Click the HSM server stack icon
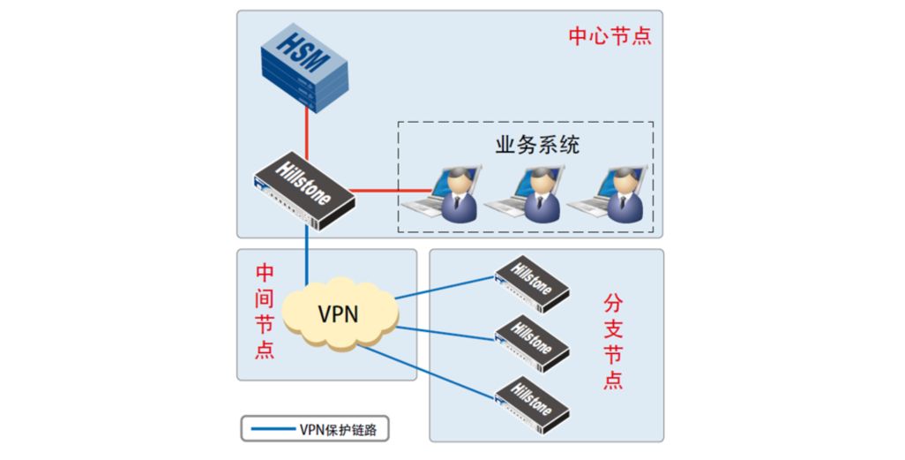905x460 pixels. pos(304,67)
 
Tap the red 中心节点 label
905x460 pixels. pos(610,36)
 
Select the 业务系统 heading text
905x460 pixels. pos(537,145)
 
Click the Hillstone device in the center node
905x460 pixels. pos(304,190)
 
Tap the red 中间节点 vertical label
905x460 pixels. pos(265,312)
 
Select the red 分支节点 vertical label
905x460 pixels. pos(613,342)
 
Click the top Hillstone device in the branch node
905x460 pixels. pos(532,283)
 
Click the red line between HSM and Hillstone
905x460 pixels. pos(306,134)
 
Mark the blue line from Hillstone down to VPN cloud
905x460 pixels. pos(306,255)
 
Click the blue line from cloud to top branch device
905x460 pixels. pos(445,288)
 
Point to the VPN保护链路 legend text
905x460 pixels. pos(338,429)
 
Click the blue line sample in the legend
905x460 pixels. pos(273,429)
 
